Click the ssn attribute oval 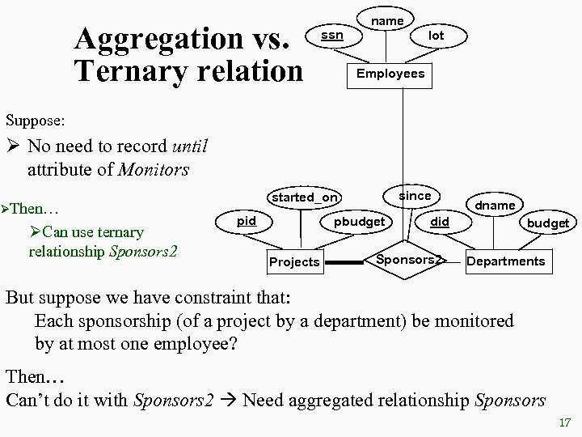pos(332,36)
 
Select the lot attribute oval pos(436,36)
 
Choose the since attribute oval pos(415,196)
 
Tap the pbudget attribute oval pos(359,221)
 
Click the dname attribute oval pos(495,206)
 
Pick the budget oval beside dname pos(548,223)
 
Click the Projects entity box pos(294,262)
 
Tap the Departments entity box pos(506,261)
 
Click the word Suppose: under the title pos(36,121)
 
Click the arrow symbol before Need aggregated pos(228,400)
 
